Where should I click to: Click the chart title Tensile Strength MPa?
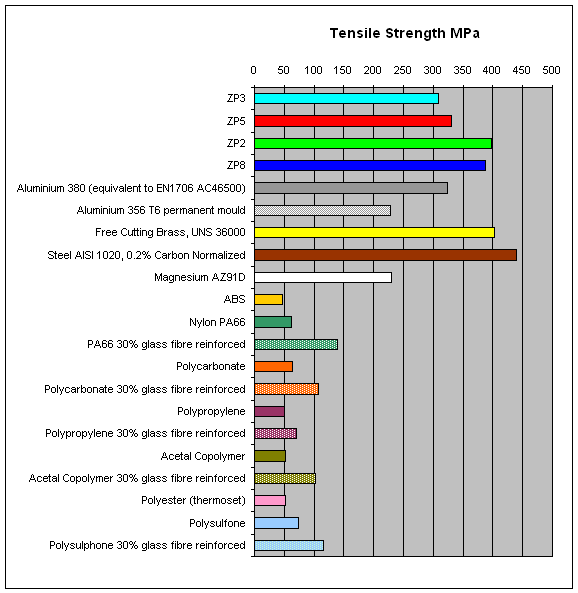[x=404, y=33]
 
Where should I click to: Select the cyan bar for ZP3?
[x=346, y=98]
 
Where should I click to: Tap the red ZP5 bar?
[x=353, y=121]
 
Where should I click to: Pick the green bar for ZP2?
[x=373, y=143]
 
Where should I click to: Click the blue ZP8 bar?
[x=370, y=165]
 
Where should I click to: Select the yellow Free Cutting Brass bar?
[x=374, y=233]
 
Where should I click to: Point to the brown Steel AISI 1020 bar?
[x=385, y=255]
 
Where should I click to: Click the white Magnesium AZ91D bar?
[x=323, y=277]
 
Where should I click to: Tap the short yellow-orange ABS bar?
[x=269, y=300]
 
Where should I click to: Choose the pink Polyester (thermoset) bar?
[x=270, y=500]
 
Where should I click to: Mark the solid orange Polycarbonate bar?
[x=273, y=366]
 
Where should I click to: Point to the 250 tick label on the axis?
[x=402, y=70]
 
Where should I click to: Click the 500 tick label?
[x=551, y=70]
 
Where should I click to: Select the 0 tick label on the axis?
[x=253, y=70]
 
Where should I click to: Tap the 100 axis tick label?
[x=313, y=70]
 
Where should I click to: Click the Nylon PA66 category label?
[x=217, y=322]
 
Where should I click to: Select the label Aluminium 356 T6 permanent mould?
[x=161, y=210]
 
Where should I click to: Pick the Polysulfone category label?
[x=217, y=523]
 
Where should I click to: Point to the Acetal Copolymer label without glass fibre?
[x=203, y=456]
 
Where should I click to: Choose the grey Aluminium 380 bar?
[x=351, y=188]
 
